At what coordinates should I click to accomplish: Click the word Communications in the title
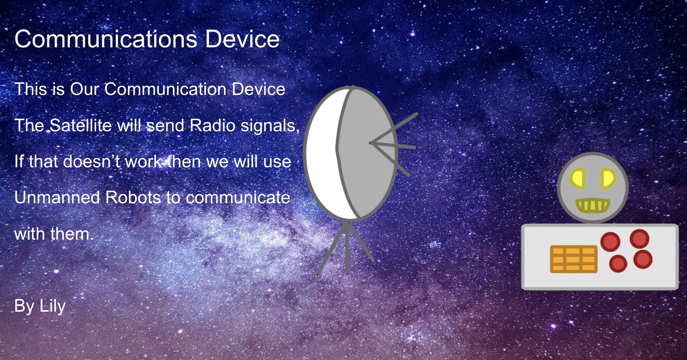coord(106,39)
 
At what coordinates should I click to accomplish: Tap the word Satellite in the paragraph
coord(81,125)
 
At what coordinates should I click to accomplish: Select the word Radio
coord(212,125)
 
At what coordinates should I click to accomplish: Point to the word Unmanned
coord(57,197)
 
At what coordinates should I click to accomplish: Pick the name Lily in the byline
coord(52,306)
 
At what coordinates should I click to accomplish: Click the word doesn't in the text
coord(91,161)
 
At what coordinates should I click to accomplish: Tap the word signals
coord(270,126)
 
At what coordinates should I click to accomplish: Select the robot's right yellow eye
coord(608,179)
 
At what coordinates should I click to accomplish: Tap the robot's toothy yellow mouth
coord(592,205)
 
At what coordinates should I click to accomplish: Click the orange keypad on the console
coord(574,259)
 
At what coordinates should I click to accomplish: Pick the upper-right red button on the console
coord(639,239)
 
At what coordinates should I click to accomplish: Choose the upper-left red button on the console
coord(610,242)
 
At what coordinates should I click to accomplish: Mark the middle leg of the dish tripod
coord(347,249)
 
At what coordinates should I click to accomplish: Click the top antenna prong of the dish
coord(394,128)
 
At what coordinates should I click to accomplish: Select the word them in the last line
coord(72,234)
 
